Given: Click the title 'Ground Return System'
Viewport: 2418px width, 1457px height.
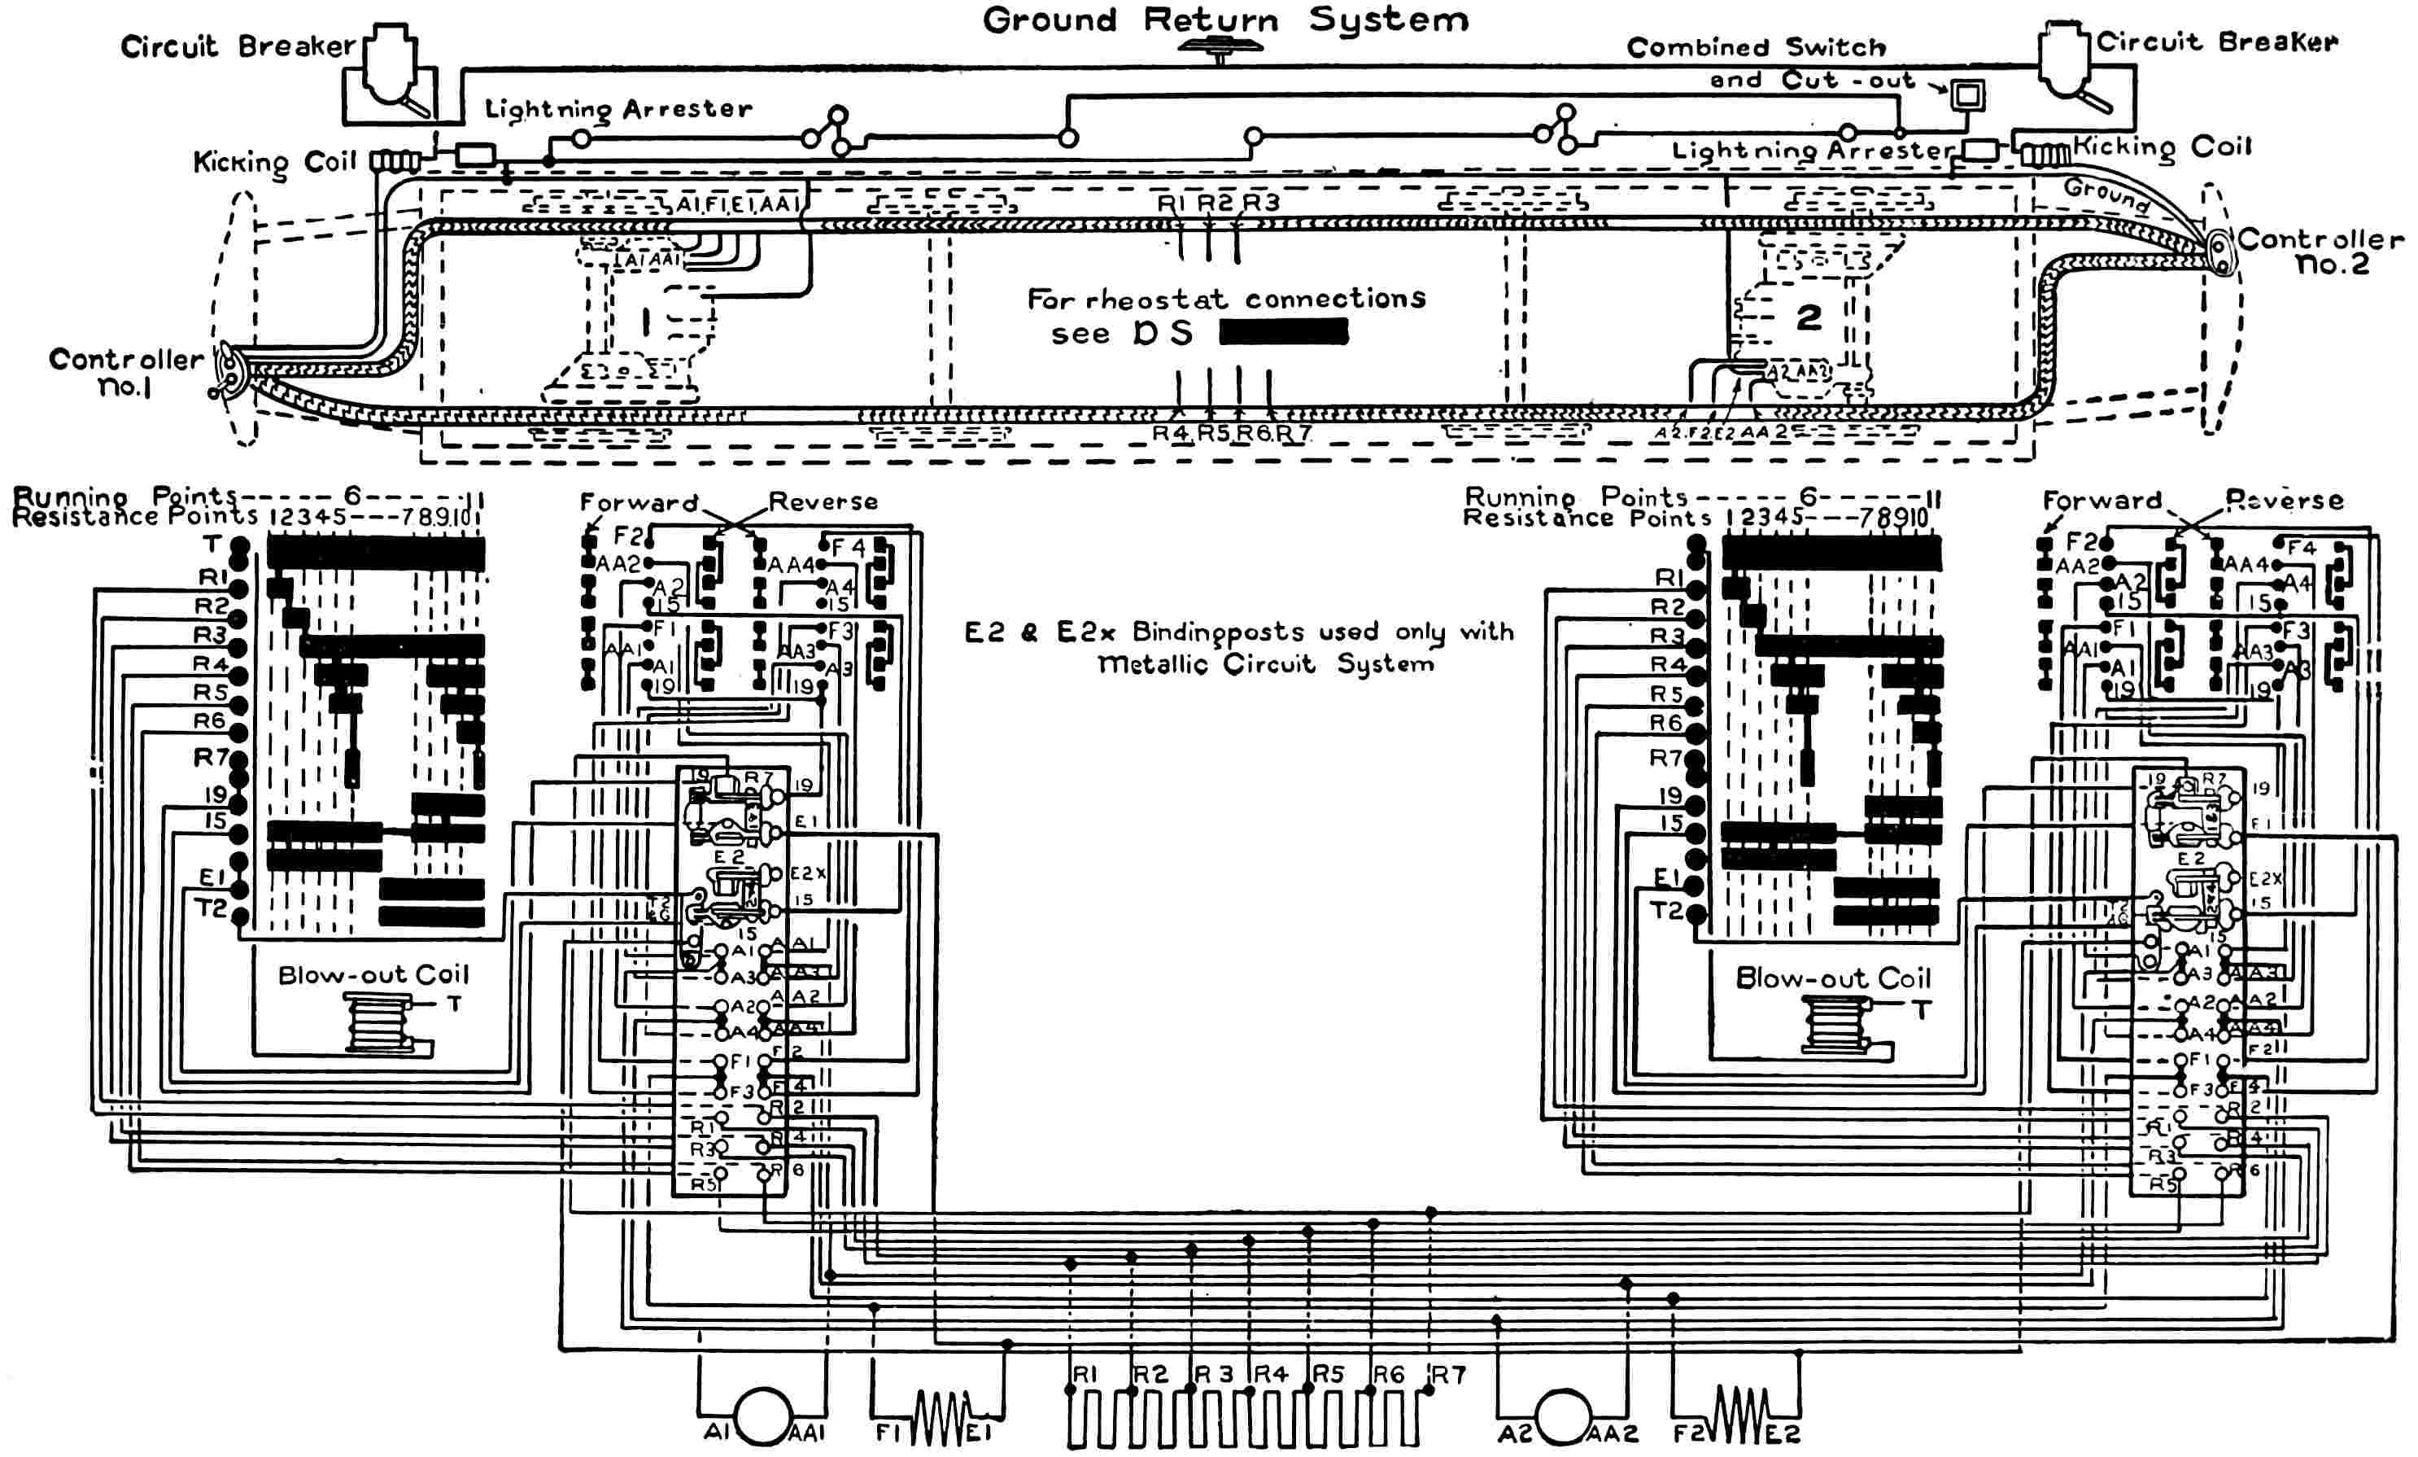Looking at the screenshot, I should coord(1226,20).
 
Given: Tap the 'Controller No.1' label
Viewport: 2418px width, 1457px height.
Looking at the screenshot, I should coord(125,373).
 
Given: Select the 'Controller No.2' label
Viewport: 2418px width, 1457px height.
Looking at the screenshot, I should coord(2320,252).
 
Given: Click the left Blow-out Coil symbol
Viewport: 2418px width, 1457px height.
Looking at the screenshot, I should coord(378,1024).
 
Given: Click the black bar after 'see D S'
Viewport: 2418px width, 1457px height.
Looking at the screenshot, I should coord(1284,333).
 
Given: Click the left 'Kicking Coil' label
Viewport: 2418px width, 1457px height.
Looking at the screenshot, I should coord(275,162).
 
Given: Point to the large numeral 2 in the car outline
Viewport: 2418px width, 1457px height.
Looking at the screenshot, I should coord(1808,317).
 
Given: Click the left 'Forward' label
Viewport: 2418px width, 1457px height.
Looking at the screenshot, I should coord(639,503).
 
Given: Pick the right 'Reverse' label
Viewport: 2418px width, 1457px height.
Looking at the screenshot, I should coord(2285,501).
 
